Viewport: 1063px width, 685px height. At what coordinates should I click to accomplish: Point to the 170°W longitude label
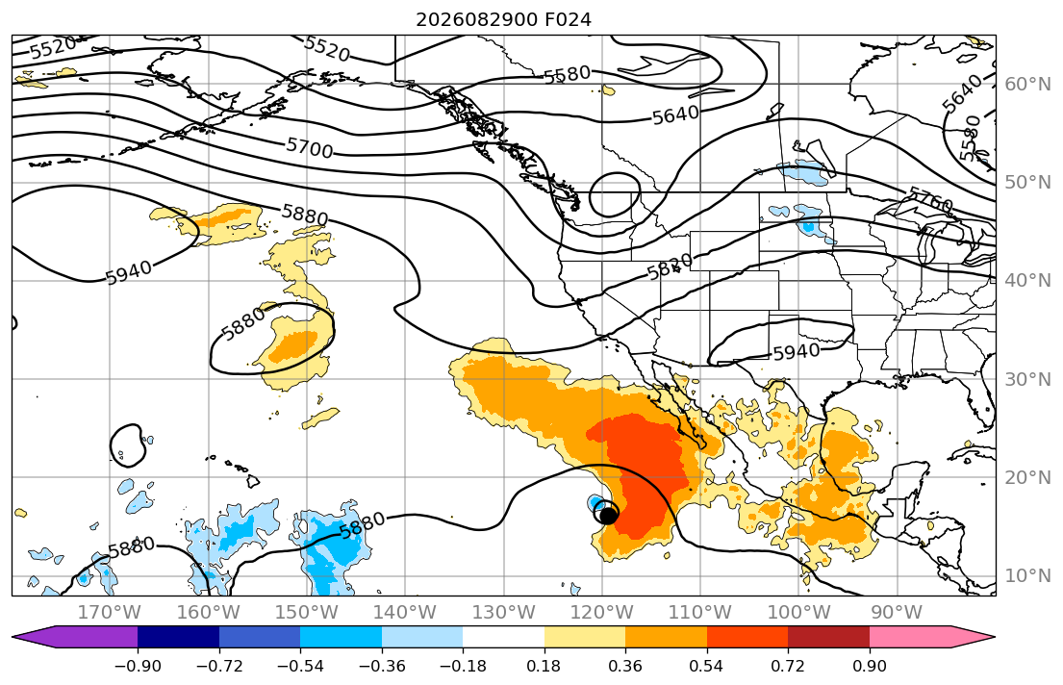[x=110, y=613]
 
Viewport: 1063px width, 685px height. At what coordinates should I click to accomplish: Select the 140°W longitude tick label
[x=405, y=613]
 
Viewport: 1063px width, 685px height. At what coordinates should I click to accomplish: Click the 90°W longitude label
[x=897, y=613]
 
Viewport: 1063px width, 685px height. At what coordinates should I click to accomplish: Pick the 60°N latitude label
[x=1027, y=84]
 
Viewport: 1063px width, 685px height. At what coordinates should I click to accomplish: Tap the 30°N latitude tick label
[x=1027, y=379]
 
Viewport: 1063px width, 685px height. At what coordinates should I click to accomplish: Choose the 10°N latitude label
[x=1027, y=576]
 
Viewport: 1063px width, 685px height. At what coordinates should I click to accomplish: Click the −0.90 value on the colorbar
[x=138, y=666]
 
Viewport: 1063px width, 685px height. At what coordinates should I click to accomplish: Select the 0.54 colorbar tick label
[x=706, y=666]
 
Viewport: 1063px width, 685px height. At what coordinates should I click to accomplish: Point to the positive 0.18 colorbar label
[x=544, y=666]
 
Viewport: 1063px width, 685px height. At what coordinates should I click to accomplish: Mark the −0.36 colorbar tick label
[x=382, y=666]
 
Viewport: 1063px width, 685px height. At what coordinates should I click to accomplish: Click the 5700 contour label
[x=309, y=147]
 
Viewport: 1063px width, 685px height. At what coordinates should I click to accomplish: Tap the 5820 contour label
[x=670, y=266]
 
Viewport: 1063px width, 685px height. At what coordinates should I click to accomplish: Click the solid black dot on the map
[x=609, y=516]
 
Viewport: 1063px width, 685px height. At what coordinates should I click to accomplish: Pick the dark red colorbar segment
[x=828, y=637]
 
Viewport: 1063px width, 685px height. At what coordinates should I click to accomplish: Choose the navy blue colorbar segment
[x=178, y=637]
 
